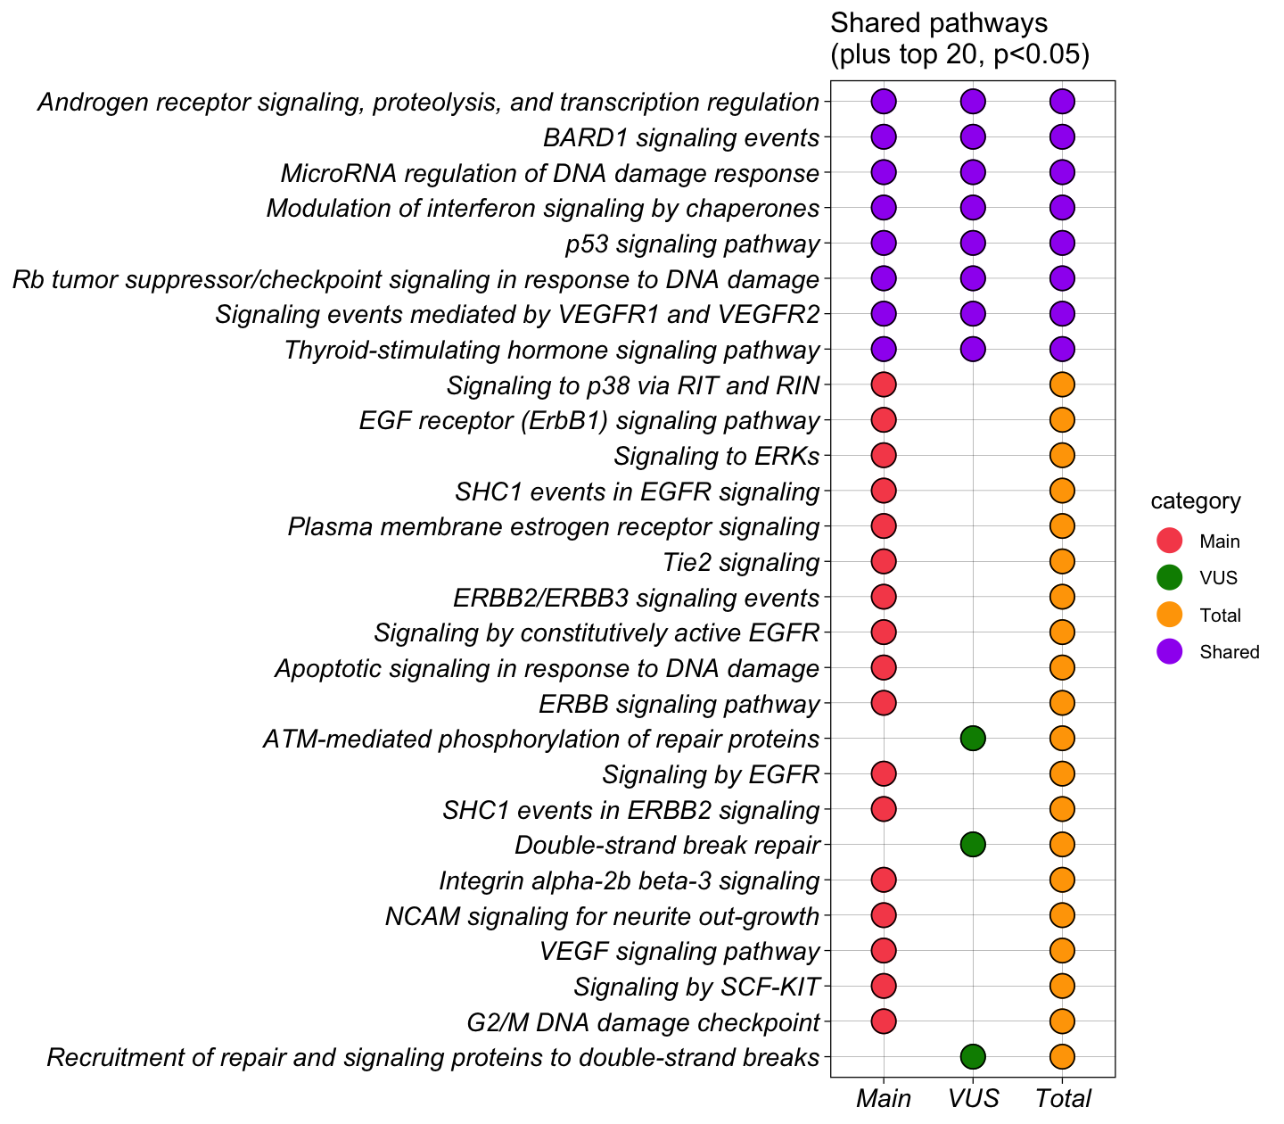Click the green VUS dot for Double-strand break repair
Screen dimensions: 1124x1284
973,844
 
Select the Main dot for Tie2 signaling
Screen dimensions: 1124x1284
883,561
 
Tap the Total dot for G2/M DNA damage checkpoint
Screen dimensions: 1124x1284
1062,1021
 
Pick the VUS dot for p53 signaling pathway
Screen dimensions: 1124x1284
973,243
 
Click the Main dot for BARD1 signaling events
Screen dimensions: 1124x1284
883,136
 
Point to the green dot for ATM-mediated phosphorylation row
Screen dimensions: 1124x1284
973,738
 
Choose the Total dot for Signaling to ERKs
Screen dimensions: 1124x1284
1062,455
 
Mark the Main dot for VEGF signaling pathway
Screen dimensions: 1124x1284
883,950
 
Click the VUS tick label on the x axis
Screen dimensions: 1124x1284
973,1098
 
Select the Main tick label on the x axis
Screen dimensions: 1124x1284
883,1098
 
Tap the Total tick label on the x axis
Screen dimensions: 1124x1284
1063,1098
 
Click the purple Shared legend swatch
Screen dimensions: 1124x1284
1169,651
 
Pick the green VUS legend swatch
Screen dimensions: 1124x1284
1169,577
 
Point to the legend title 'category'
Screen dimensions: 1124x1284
1195,501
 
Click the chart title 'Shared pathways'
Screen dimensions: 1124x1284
938,22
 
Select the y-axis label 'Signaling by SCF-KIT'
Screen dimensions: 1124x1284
695,987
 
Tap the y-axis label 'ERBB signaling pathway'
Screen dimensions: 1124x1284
679,704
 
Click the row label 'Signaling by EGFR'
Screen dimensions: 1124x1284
710,774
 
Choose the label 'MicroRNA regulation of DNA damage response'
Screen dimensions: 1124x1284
549,173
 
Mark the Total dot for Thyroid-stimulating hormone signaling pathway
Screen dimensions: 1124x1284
1062,349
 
